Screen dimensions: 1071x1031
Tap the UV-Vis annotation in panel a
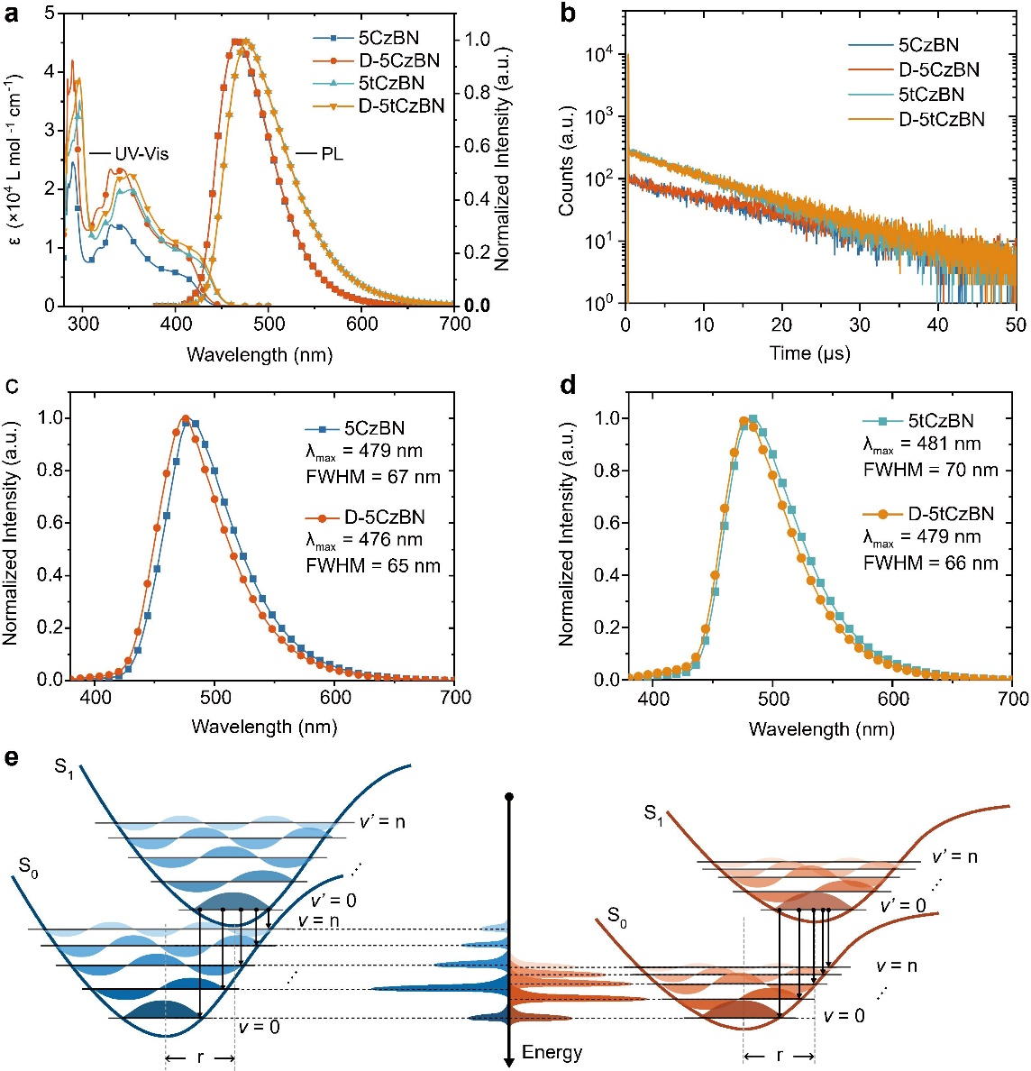[x=141, y=154]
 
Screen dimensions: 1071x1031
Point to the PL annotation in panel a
[x=333, y=154]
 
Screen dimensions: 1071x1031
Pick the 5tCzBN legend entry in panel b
[x=931, y=94]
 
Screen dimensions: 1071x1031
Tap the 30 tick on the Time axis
[x=860, y=325]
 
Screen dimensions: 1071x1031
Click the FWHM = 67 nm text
[x=385, y=476]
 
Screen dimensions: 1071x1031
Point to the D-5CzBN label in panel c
[x=384, y=517]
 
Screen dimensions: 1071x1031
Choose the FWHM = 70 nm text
[x=942, y=470]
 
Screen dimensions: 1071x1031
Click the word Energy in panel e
[x=552, y=1052]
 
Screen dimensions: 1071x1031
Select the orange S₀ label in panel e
[x=616, y=917]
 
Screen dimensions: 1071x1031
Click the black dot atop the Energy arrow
[x=509, y=797]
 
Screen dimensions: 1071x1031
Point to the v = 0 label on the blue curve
[x=260, y=1026]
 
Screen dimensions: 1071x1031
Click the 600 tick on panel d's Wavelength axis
[x=893, y=699]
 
